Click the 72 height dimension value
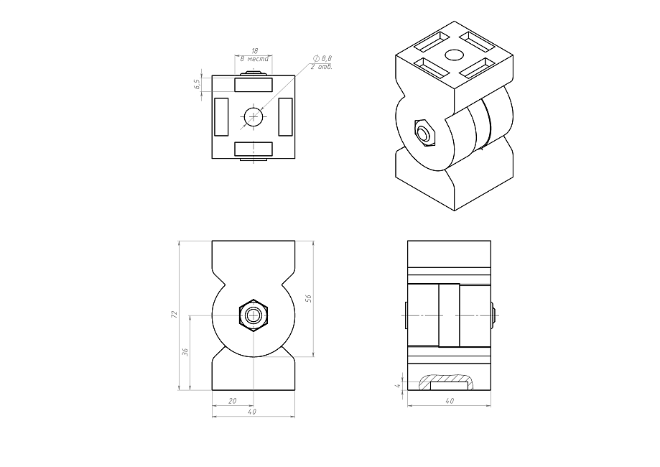(x=175, y=314)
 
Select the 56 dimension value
(x=308, y=298)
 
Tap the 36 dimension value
(x=185, y=351)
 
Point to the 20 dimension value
(x=233, y=401)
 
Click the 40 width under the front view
(x=252, y=412)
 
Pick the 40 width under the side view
(x=450, y=401)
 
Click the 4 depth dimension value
(x=396, y=385)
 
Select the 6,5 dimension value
(x=197, y=85)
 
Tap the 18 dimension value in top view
(x=254, y=51)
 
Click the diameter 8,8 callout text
(x=323, y=58)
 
